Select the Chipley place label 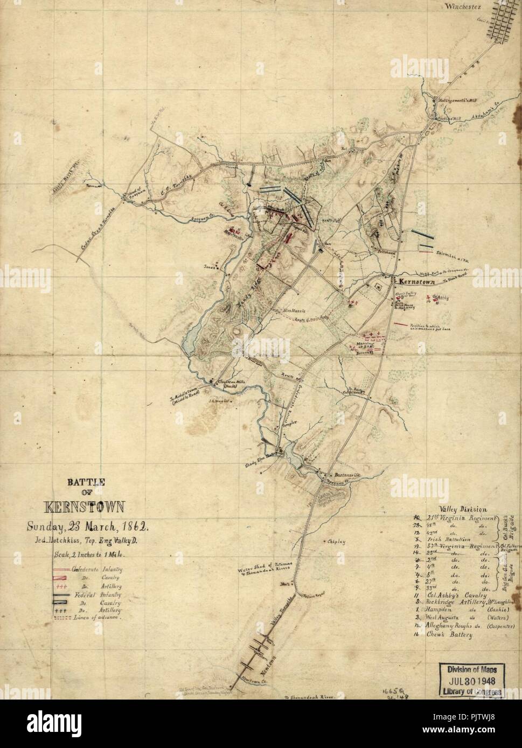pos(336,541)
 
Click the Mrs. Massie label pos(294,311)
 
